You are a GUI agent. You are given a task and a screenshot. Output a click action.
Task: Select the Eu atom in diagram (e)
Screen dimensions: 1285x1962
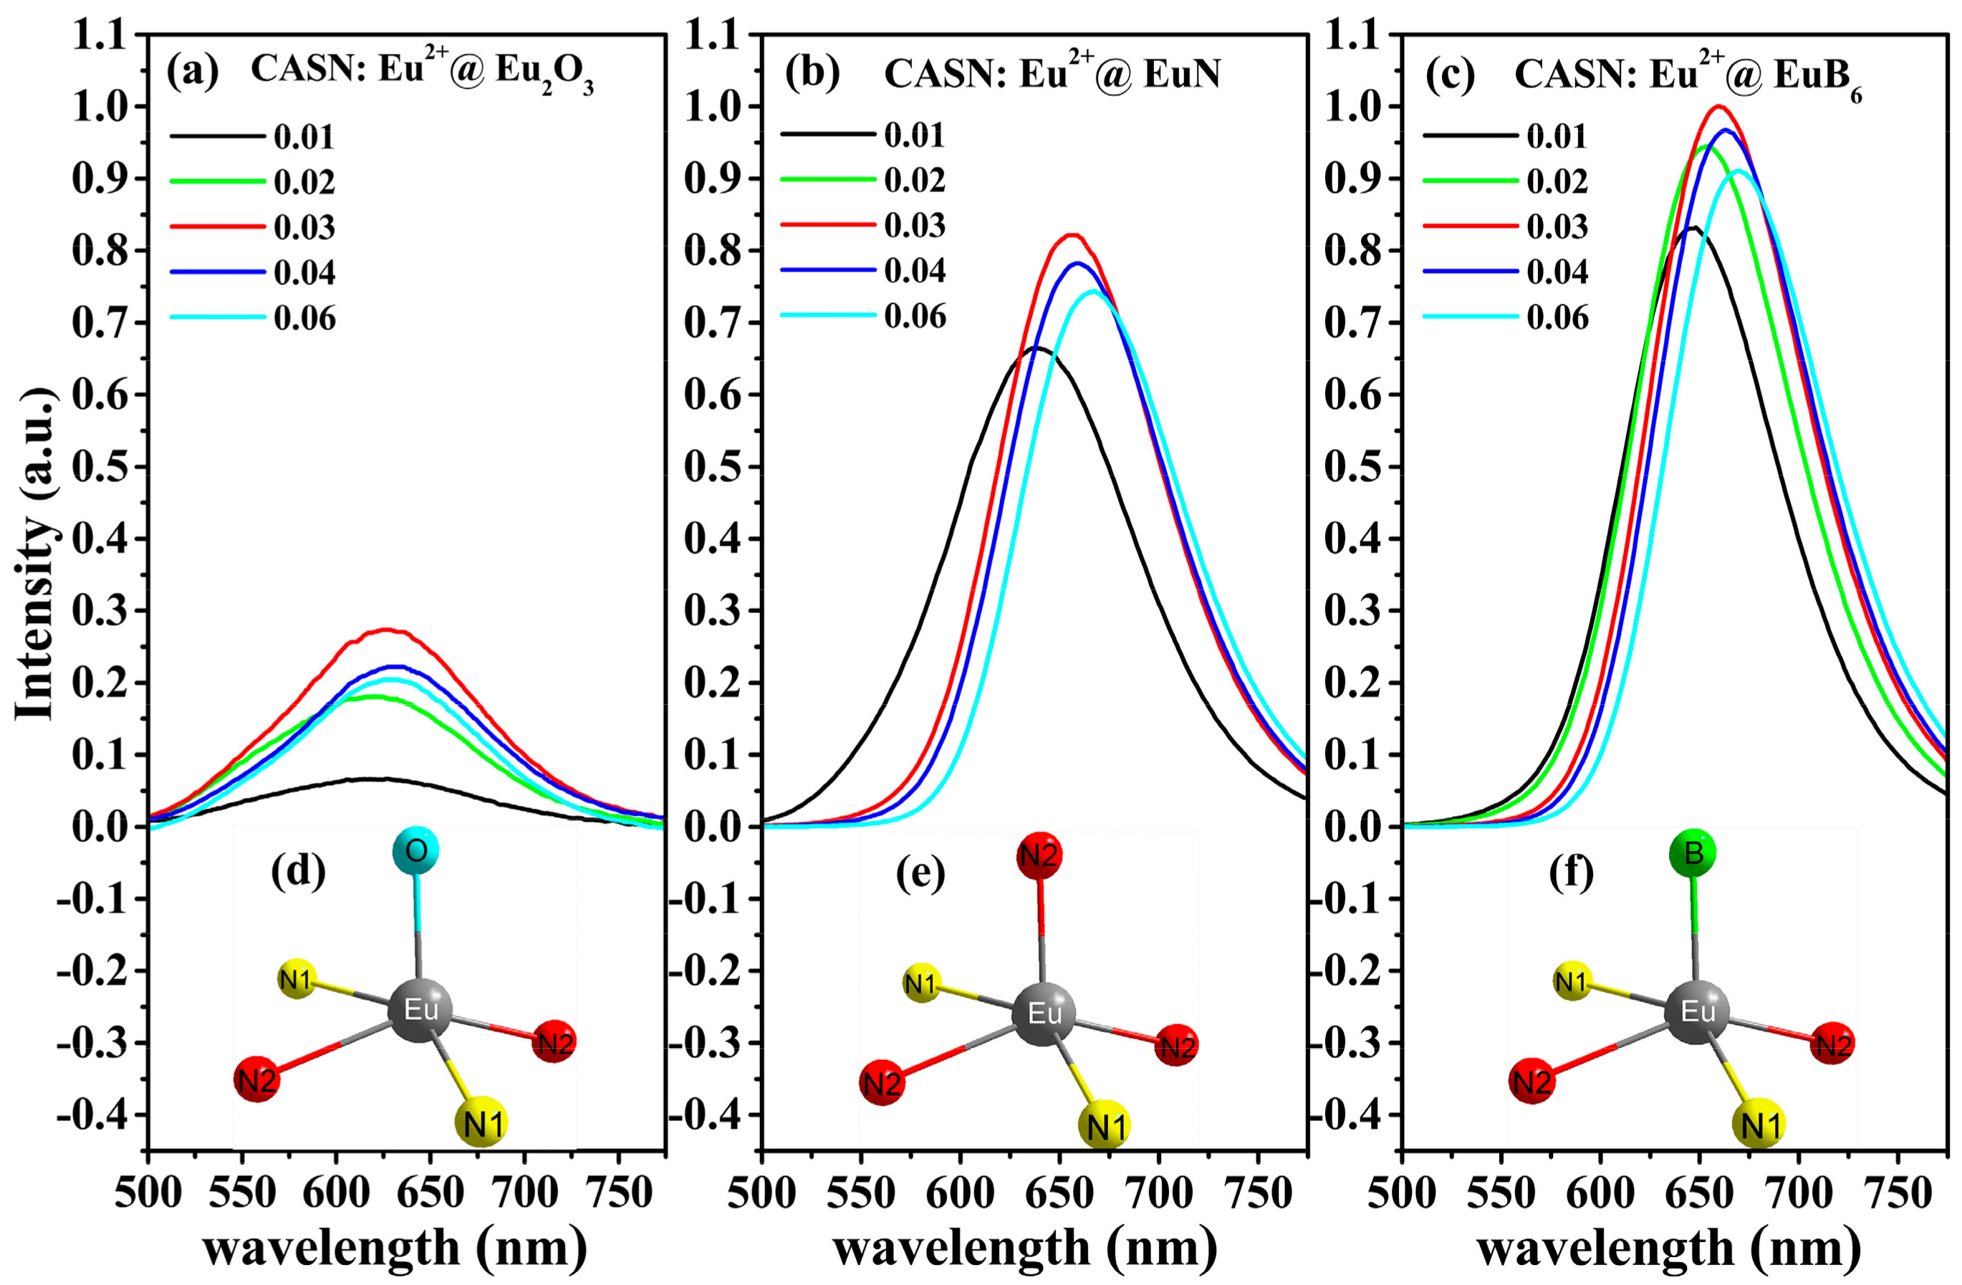click(1044, 1013)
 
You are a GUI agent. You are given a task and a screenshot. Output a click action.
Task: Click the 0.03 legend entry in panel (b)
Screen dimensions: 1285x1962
click(913, 225)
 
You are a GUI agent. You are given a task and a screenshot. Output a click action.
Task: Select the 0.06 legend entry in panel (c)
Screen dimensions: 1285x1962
click(1557, 317)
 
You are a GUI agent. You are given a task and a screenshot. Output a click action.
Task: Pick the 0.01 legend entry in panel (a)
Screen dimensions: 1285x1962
click(304, 136)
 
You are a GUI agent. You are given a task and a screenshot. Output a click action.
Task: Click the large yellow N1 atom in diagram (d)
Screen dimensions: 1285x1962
click(481, 1122)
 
